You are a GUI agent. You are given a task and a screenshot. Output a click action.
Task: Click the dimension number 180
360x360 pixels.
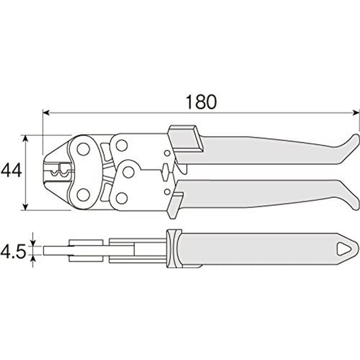[x=201, y=102]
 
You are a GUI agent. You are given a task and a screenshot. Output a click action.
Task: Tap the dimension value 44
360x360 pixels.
[x=11, y=171]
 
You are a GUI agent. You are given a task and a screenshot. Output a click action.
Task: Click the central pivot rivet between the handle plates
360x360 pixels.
[x=129, y=171]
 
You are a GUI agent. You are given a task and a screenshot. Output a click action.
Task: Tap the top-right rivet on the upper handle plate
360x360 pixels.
[x=121, y=145]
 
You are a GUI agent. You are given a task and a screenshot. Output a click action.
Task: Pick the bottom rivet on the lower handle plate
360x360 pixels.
[x=121, y=198]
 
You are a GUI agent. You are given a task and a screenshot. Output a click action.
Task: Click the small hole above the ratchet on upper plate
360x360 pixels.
[x=167, y=153]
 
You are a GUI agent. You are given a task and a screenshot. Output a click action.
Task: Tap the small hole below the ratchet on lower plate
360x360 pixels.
[x=167, y=192]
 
